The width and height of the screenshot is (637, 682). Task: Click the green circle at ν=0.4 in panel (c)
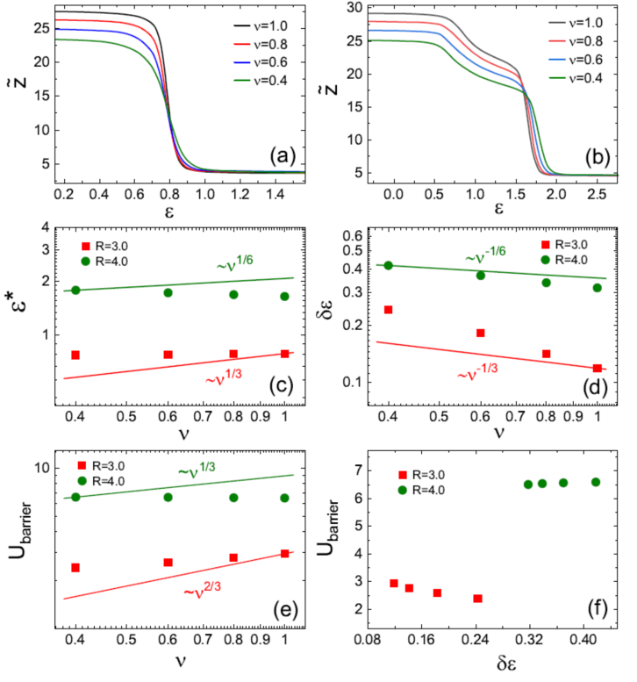point(75,290)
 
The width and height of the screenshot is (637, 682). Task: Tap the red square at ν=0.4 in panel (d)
point(389,310)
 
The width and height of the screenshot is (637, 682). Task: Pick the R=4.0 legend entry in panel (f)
point(433,489)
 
